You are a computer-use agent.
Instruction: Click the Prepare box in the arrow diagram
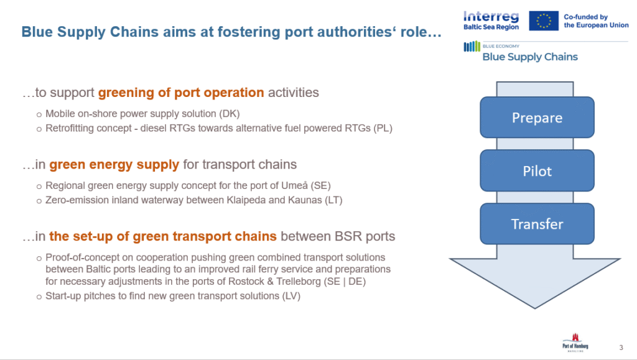[537, 118]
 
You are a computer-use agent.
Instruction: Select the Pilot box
[537, 170]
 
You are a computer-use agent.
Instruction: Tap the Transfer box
[537, 224]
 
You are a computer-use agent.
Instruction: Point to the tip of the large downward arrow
[535, 308]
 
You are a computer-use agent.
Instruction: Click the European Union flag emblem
[544, 21]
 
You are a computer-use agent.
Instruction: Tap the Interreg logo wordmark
[491, 16]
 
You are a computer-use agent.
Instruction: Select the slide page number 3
[621, 348]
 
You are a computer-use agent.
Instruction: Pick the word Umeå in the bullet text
[295, 185]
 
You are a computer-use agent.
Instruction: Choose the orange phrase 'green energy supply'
[114, 164]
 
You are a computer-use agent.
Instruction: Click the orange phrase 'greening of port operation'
[181, 93]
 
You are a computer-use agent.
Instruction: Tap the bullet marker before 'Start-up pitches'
[39, 297]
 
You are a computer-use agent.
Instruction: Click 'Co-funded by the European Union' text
[596, 21]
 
